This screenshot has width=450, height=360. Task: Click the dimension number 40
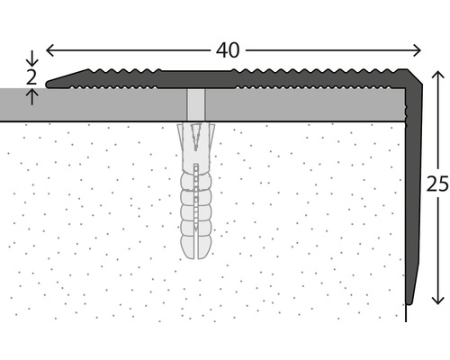pyautogui.click(x=229, y=50)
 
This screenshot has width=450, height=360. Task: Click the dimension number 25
pyautogui.click(x=437, y=184)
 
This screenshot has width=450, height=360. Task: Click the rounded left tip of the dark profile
pyautogui.click(x=50, y=84)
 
